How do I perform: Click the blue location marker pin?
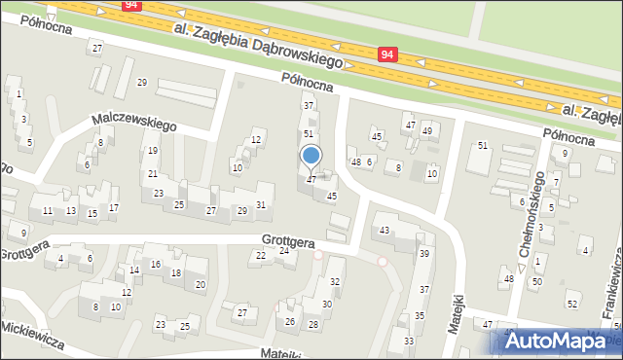point(311,157)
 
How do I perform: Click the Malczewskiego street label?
point(132,122)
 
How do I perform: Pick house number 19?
point(153,151)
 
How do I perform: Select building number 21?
point(153,174)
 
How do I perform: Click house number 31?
point(261,203)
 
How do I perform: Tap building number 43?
point(385,230)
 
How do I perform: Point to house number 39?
point(424,253)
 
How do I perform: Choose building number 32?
point(335,282)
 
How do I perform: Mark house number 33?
point(409,342)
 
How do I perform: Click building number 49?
point(426,131)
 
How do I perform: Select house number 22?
point(260,256)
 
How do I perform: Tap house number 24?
point(284,251)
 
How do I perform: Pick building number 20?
point(201,285)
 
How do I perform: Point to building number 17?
point(114,208)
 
